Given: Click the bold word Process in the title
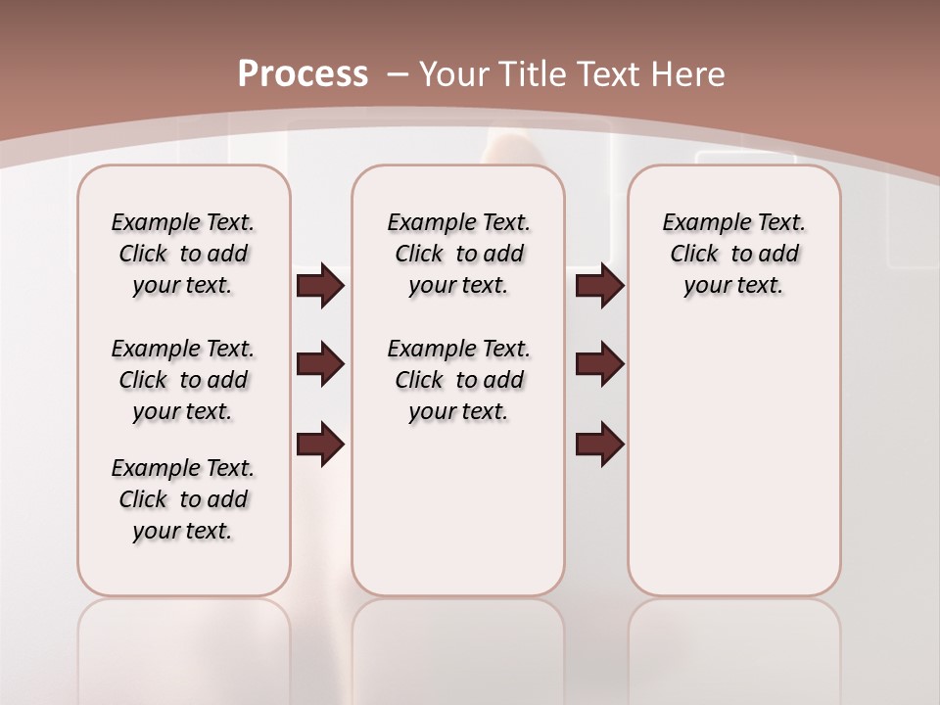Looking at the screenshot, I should (x=303, y=74).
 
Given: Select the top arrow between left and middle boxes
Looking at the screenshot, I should (x=320, y=286).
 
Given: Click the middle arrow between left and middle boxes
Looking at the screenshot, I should (x=320, y=365).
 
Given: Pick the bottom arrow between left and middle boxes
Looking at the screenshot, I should (x=320, y=446).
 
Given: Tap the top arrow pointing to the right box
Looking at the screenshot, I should (x=599, y=286).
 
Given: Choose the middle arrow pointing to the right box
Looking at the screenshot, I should (x=599, y=365).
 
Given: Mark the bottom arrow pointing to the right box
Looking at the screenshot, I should (x=599, y=446).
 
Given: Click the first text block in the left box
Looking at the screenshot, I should (x=183, y=254).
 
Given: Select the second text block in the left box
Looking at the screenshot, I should (x=183, y=380).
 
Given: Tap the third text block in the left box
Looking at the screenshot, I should (x=183, y=499).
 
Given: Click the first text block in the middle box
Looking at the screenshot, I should (x=458, y=254).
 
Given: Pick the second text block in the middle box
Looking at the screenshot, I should (x=458, y=380).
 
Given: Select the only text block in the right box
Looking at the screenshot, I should (x=733, y=254).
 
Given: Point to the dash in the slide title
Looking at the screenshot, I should (x=398, y=74).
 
